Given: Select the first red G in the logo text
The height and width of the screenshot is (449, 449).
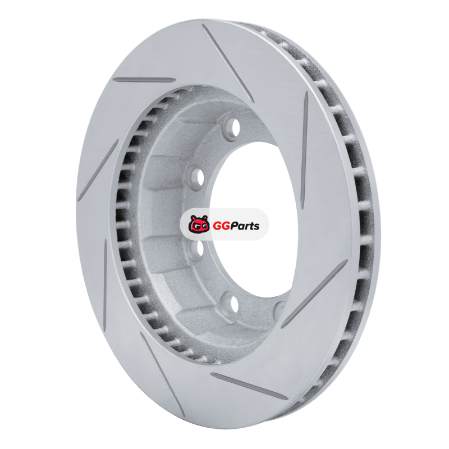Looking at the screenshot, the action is [217, 226].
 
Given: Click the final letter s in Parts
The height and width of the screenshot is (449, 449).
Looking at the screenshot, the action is [257, 227].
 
